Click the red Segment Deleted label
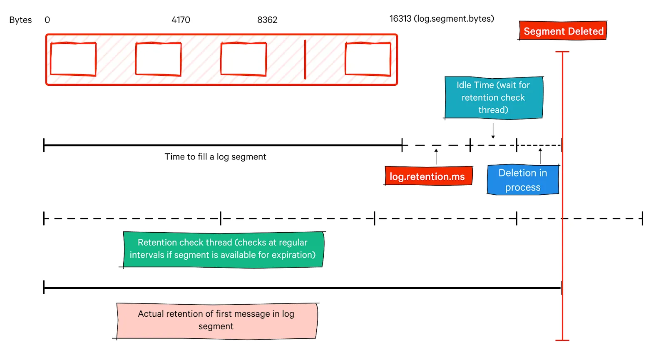pos(563,31)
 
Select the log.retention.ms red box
pos(428,176)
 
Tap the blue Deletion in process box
pos(523,180)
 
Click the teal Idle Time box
pos(493,97)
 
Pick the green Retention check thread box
pos(223,249)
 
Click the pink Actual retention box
pos(216,320)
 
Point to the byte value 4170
pos(181,20)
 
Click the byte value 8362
pos(267,20)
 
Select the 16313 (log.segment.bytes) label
pos(442,19)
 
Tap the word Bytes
pos(20,20)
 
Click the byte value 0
pos(47,20)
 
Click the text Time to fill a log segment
pos(215,157)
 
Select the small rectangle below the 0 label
pos(73,59)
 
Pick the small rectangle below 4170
pos(158,59)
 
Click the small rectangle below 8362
pos(244,59)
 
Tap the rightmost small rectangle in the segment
pos(368,59)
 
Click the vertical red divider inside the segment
pos(305,59)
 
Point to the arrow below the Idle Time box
pos(493,131)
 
